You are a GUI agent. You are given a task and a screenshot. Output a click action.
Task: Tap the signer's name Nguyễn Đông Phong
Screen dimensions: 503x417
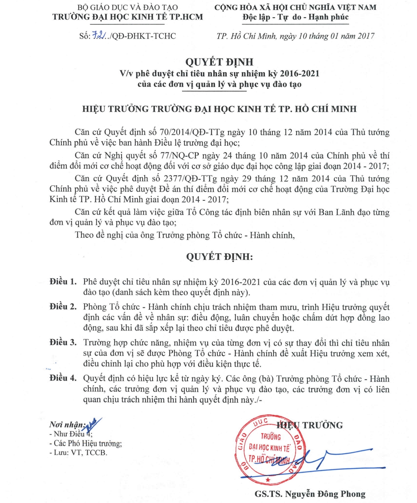tap(325, 494)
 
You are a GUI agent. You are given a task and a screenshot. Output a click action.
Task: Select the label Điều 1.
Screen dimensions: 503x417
tap(63, 281)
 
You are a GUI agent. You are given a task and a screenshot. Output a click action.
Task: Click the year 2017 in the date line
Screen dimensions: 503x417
tap(366, 36)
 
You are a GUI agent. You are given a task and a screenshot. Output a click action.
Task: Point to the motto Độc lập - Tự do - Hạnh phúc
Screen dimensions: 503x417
tap(296, 17)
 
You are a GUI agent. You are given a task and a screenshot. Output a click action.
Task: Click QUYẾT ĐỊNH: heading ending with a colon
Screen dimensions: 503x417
tap(219, 257)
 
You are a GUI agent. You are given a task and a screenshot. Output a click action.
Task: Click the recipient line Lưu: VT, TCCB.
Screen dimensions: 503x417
tap(78, 452)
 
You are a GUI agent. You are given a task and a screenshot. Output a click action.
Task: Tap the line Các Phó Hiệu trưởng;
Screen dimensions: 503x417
tap(85, 443)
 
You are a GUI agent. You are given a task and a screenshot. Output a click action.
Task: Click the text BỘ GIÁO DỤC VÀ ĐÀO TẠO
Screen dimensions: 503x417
tap(127, 7)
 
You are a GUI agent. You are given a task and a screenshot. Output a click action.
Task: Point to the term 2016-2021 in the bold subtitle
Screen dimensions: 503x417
tap(299, 73)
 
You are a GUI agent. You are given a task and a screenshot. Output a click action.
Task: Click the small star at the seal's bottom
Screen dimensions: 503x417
tap(268, 479)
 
